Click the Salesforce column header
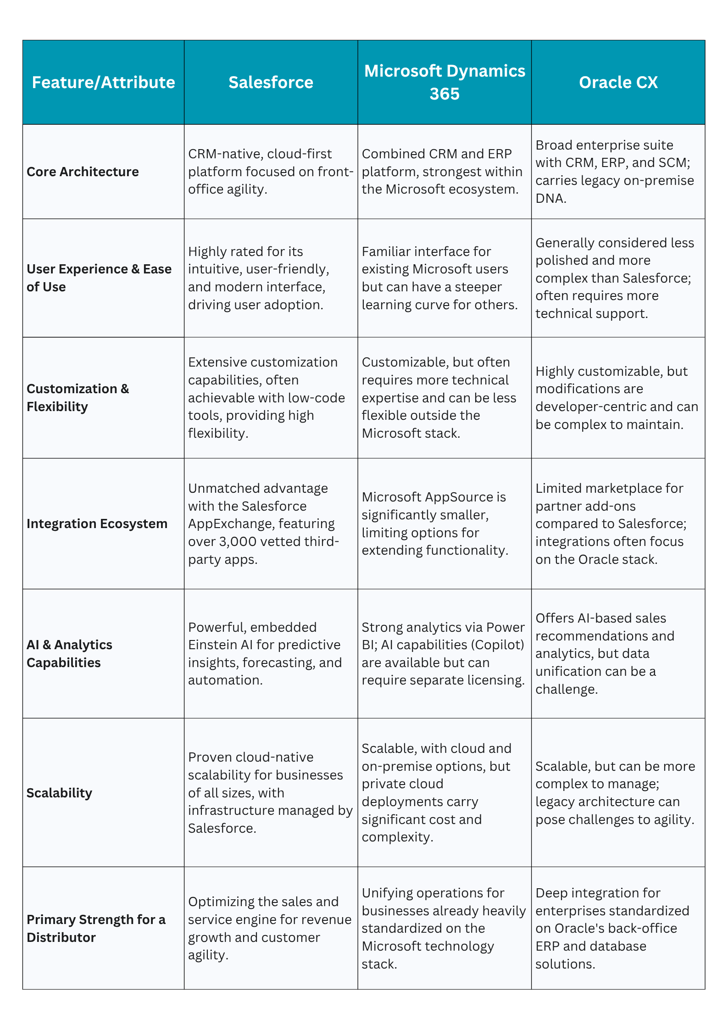(x=271, y=83)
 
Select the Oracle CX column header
(x=618, y=83)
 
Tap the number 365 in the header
(x=445, y=94)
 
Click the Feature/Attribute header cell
(x=103, y=83)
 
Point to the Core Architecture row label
(x=83, y=172)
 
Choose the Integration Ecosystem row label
(x=97, y=523)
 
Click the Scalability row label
(x=59, y=793)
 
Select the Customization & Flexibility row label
(x=78, y=397)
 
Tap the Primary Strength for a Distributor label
(x=96, y=928)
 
